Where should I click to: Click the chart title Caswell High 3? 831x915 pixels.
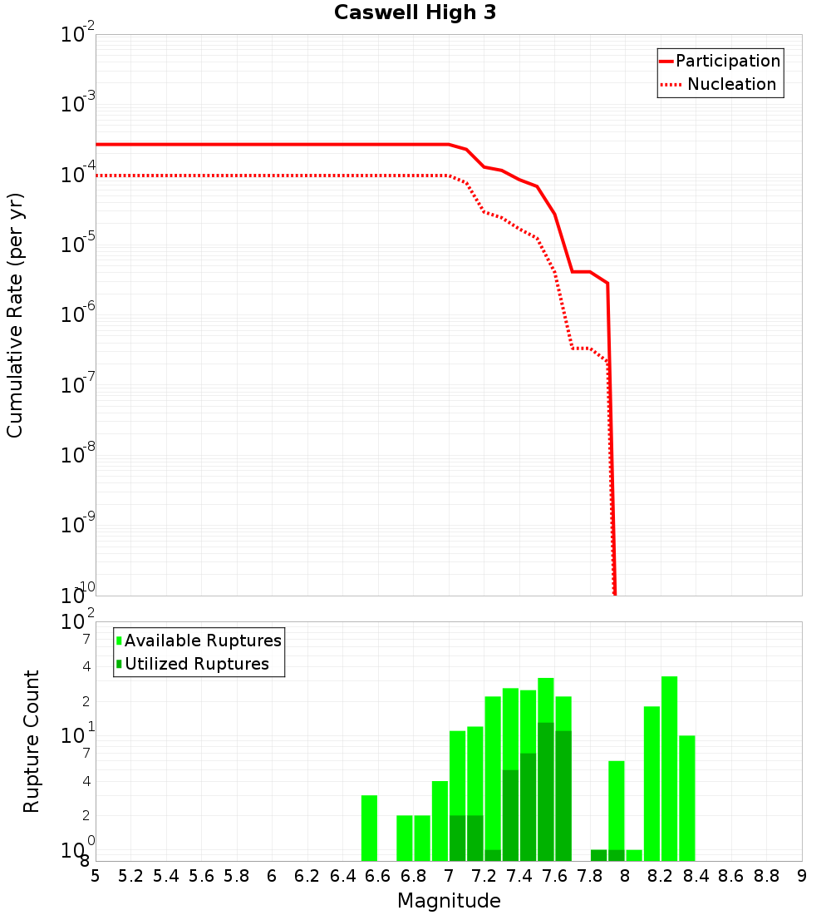tap(415, 13)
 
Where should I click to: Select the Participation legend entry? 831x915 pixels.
tap(727, 61)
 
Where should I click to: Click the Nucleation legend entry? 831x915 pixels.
tap(730, 84)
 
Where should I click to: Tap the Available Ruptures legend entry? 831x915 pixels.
tap(202, 640)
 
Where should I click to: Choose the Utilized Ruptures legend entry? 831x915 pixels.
tap(196, 664)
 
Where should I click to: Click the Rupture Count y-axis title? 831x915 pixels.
tap(32, 741)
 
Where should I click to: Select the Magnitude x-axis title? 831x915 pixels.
tap(449, 901)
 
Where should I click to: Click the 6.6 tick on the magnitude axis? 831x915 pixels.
tap(378, 876)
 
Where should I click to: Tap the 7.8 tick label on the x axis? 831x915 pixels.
tap(590, 876)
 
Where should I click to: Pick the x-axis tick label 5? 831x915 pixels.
tap(96, 876)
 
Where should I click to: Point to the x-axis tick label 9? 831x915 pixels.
tap(802, 876)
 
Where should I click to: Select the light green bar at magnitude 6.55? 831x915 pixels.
tap(369, 828)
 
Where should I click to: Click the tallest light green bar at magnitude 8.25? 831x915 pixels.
tap(669, 769)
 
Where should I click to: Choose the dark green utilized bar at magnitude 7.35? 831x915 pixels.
tap(510, 815)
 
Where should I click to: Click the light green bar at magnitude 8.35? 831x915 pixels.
tap(686, 798)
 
